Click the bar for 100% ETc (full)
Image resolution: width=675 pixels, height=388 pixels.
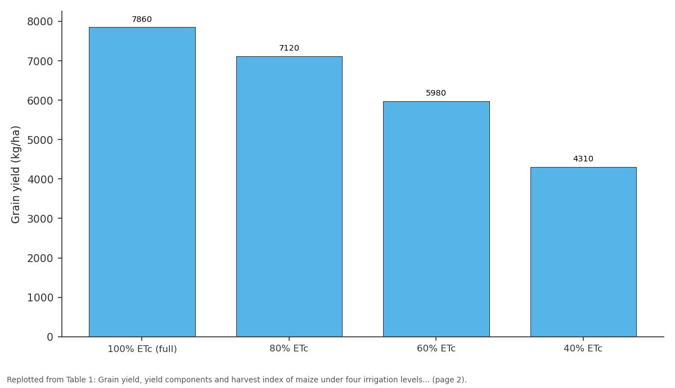tap(142, 182)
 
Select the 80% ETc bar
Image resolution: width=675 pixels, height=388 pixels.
tap(289, 196)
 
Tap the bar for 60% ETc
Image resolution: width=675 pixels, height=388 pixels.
tap(436, 219)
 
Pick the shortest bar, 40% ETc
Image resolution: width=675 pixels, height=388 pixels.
tap(583, 252)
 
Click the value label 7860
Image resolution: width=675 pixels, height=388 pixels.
tap(142, 19)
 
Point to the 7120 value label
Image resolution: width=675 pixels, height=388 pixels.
tap(289, 48)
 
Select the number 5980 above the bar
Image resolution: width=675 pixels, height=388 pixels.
tap(436, 93)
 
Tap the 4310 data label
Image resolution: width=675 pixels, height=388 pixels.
tap(583, 159)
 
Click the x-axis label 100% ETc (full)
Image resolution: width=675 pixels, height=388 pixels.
tap(142, 349)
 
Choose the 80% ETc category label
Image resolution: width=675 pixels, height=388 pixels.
tap(289, 349)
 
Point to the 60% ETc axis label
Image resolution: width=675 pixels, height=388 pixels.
tap(436, 349)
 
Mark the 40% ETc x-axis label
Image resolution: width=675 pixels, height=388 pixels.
tap(583, 349)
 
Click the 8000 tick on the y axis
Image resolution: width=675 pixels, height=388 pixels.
tap(40, 22)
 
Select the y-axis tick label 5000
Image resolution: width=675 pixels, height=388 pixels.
tap(40, 140)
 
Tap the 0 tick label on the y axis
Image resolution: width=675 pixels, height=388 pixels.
tap(50, 337)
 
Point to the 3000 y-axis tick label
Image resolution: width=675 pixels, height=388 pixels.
tap(40, 219)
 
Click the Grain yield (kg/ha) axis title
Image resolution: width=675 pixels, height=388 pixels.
tap(15, 175)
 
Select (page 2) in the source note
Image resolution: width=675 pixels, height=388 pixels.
tap(449, 380)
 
